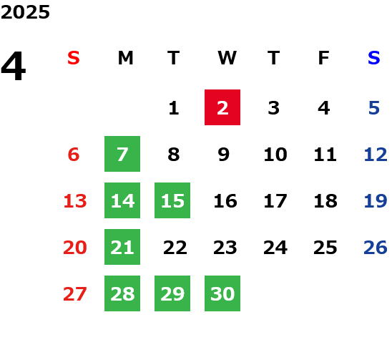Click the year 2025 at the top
click(25, 12)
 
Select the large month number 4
click(14, 66)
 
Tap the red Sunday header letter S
click(74, 58)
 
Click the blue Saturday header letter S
click(374, 58)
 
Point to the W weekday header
click(227, 58)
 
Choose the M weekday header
click(125, 58)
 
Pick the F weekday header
click(324, 58)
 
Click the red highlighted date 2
click(222, 107)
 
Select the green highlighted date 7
click(122, 154)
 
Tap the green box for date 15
click(172, 200)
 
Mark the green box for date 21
click(122, 247)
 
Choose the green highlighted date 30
click(222, 293)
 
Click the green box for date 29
click(172, 293)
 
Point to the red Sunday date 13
click(75, 201)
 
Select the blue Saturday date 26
click(376, 248)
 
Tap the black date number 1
click(174, 108)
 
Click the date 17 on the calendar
click(275, 201)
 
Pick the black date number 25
click(325, 248)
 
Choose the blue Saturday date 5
click(374, 108)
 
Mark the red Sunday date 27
click(75, 294)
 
